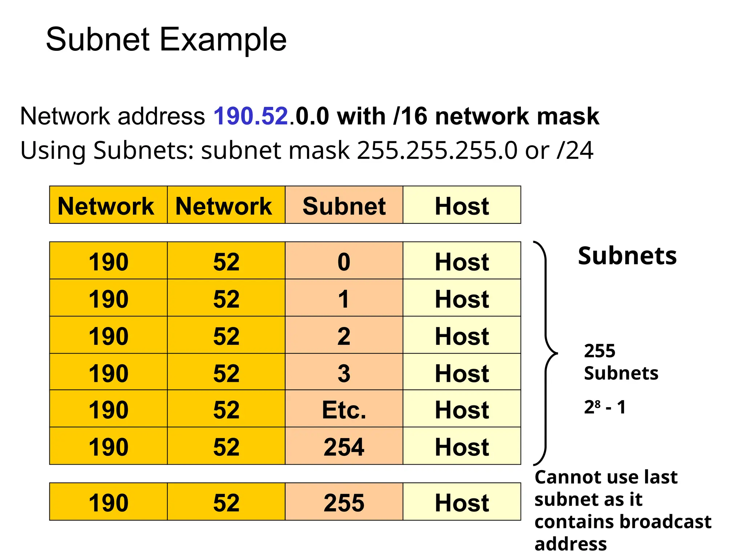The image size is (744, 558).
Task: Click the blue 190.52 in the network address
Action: click(x=251, y=116)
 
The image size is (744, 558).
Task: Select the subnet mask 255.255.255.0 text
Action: click(x=437, y=150)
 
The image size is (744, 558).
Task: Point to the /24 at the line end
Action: click(x=575, y=150)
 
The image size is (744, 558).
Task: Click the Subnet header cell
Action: click(x=344, y=206)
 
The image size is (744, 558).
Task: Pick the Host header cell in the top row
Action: click(x=462, y=206)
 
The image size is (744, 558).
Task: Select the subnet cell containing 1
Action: click(x=344, y=299)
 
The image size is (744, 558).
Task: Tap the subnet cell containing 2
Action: click(x=344, y=336)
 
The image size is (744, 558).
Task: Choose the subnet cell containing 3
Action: click(x=344, y=373)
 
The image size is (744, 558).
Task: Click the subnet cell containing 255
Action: click(x=344, y=502)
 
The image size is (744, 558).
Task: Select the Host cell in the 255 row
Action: click(x=462, y=502)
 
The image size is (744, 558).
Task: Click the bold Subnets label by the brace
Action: click(x=627, y=256)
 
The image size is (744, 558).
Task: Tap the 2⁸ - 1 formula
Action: click(x=605, y=407)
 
